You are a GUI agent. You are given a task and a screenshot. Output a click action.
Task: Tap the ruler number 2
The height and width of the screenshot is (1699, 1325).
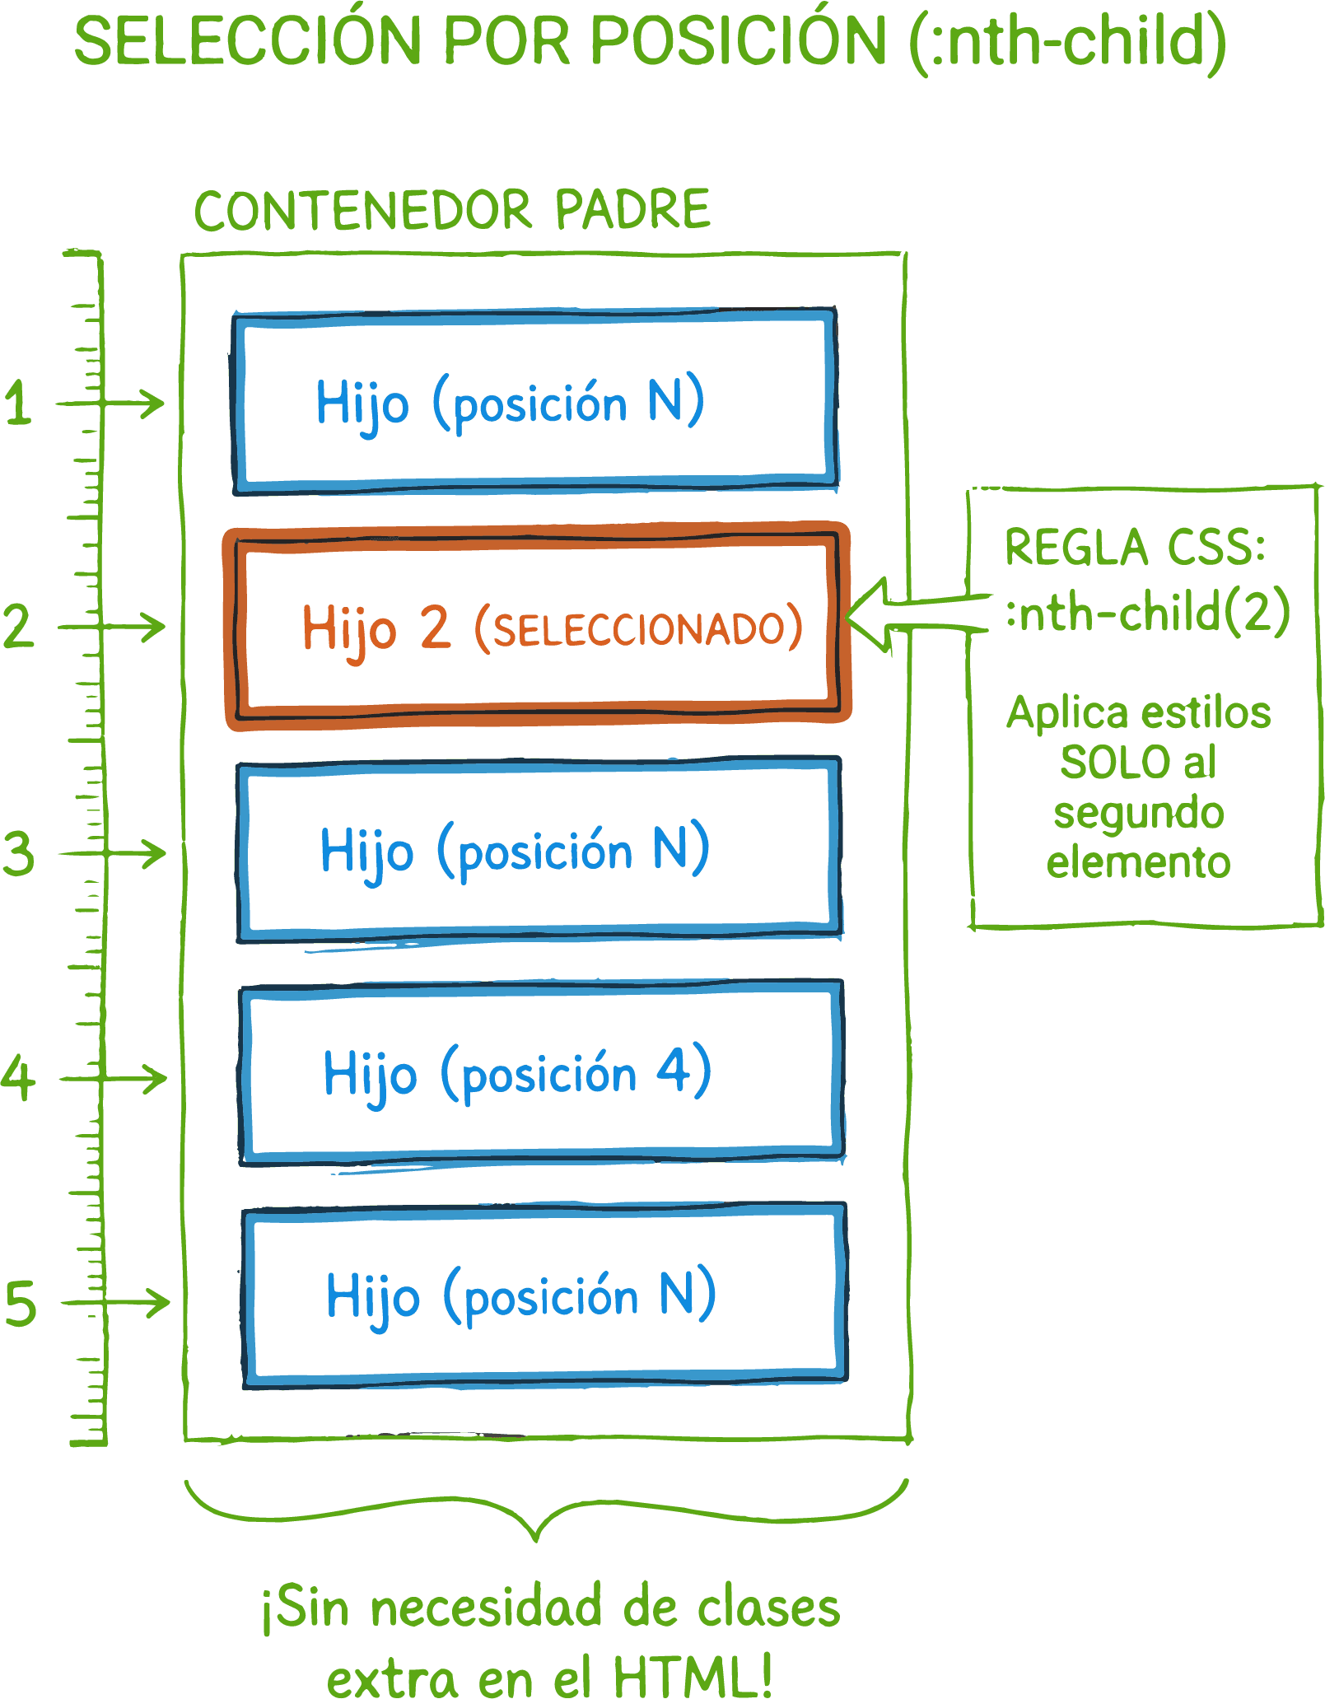point(18,626)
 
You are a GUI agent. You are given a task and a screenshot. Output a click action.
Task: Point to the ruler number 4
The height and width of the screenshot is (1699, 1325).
point(18,1077)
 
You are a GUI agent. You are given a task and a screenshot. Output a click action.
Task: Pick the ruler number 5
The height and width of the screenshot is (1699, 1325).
point(21,1303)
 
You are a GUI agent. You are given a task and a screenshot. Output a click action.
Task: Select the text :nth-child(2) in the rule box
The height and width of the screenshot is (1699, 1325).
point(1147,613)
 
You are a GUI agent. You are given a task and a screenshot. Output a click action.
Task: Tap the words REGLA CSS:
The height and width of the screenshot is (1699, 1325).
point(1135,547)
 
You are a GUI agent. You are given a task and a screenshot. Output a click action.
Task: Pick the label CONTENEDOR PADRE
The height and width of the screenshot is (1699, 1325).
point(452,210)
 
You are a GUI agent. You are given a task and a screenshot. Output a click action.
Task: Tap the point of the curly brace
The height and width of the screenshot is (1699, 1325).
point(537,1538)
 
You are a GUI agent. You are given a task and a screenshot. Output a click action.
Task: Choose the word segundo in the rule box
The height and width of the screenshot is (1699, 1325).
point(1139,814)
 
